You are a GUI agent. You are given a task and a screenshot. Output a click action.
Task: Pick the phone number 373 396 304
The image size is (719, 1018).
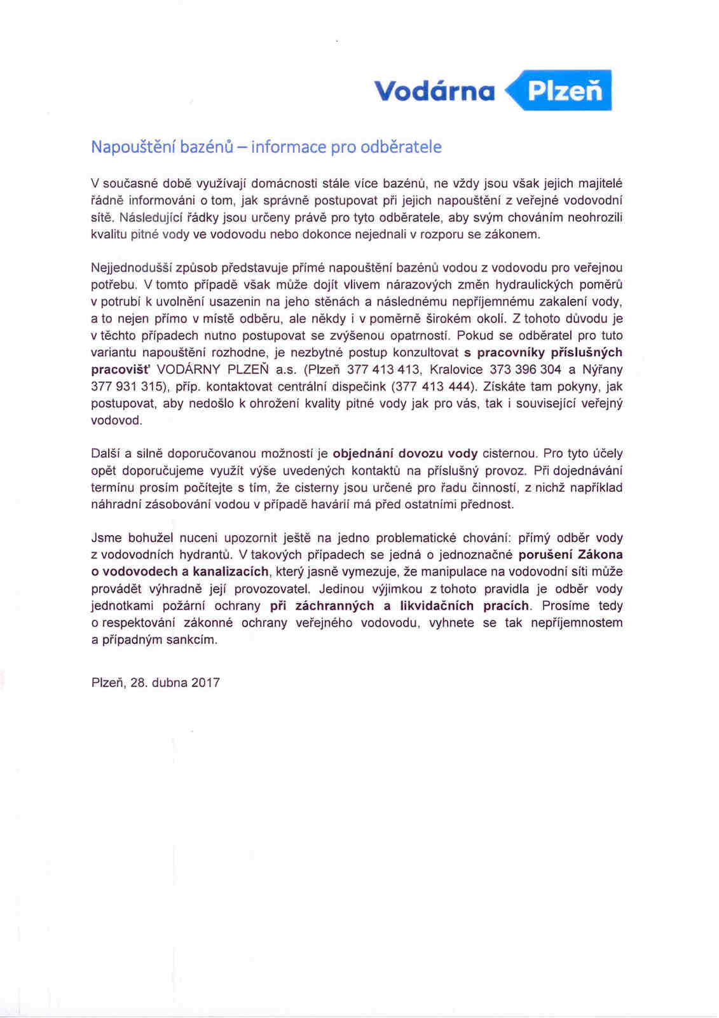click(x=525, y=370)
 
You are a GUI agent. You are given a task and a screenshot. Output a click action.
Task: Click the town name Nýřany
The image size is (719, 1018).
click(x=603, y=370)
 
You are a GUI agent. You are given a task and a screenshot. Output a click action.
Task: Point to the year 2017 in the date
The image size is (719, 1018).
click(x=205, y=683)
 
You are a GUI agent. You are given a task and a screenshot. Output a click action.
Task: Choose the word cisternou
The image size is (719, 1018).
click(x=510, y=454)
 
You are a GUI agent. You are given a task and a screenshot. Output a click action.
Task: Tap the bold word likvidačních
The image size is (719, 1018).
click(x=437, y=606)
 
